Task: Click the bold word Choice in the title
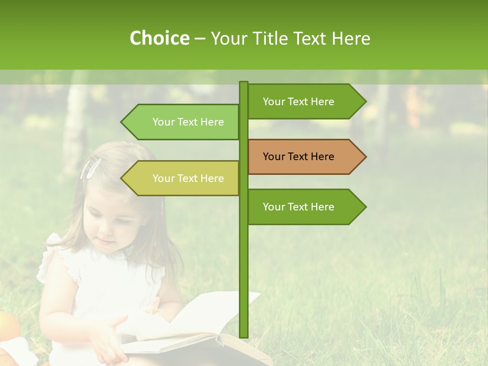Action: (x=159, y=38)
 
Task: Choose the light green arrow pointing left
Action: (x=183, y=122)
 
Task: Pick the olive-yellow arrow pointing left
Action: (x=183, y=178)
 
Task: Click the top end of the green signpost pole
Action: (x=243, y=83)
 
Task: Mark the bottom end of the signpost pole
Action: (x=243, y=335)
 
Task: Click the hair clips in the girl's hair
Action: (x=90, y=168)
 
